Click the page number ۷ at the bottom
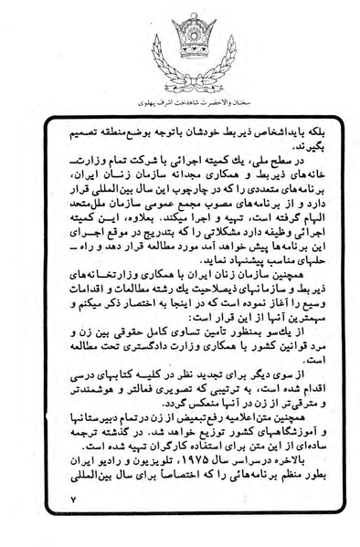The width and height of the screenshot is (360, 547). [74, 500]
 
